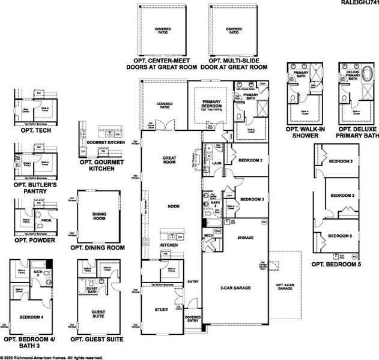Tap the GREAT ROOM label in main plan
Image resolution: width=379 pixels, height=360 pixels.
point(169,160)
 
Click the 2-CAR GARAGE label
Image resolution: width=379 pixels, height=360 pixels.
point(235,287)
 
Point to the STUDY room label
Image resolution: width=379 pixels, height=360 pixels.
point(161,310)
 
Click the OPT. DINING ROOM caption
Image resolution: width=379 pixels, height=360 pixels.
point(97,247)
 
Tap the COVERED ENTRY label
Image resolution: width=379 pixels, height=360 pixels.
point(193,319)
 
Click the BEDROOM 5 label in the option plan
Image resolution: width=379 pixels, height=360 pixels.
point(342,236)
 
